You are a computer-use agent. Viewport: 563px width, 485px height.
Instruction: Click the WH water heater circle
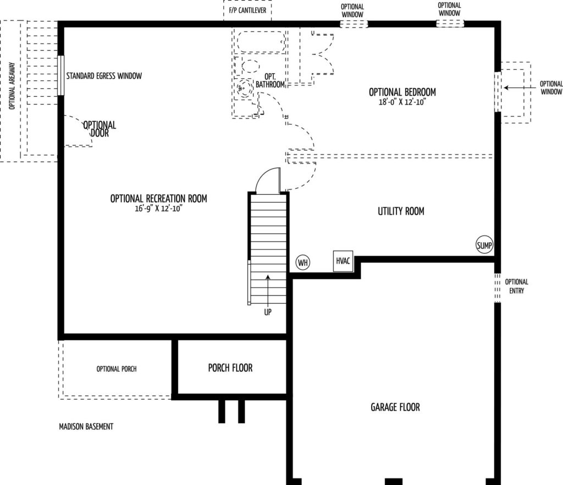coord(303,263)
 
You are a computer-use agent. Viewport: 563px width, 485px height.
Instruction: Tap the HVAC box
coord(343,261)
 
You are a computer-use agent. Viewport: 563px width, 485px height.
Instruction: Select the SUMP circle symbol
coord(484,245)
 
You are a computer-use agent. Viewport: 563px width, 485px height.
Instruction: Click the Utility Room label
coord(401,211)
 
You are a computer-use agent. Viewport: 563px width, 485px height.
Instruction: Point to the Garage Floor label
coord(395,407)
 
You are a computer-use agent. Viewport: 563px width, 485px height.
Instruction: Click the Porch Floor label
coord(230,368)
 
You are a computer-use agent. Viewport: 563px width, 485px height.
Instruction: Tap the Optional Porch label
coord(117,369)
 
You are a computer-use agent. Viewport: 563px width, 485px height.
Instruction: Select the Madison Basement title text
coord(86,427)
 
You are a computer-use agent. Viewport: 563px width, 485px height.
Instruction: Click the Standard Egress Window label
coord(104,76)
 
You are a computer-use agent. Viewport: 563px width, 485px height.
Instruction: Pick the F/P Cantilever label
coord(248,10)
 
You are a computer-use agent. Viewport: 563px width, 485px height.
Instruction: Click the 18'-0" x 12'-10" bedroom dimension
coord(402,102)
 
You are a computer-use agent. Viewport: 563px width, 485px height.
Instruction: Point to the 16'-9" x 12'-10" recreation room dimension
coord(159,209)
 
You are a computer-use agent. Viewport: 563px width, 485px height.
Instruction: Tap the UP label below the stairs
coord(268,312)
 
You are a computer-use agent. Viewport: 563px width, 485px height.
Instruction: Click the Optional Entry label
coord(517,286)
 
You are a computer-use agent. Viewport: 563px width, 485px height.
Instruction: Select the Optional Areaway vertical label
coord(12,86)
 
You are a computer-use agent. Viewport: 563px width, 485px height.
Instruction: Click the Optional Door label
coord(100,129)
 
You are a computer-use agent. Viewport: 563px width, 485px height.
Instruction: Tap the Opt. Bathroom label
coord(270,80)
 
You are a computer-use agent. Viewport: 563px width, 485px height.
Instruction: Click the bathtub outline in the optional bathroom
coord(261,42)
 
